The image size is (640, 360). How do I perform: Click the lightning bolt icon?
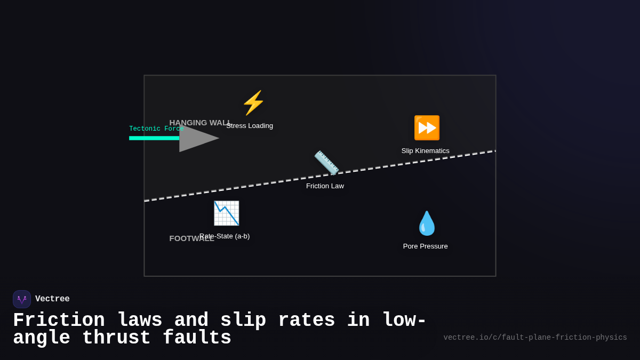point(253,103)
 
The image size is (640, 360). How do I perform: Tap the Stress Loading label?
point(250,126)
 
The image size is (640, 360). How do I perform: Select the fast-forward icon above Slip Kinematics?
point(427,128)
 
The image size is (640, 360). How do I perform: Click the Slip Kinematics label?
point(425,151)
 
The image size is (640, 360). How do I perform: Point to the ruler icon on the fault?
point(326,163)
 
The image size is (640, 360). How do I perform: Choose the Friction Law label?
point(325,186)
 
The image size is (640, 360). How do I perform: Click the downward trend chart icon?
point(226,213)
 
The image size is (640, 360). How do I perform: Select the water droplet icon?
point(426,223)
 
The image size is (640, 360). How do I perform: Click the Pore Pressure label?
point(425,246)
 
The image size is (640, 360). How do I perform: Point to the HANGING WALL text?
point(198,122)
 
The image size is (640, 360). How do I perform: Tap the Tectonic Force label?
point(156,129)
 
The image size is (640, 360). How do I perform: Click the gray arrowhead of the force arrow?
point(196,138)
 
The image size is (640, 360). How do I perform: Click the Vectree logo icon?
point(22,299)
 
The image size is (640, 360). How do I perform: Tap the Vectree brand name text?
point(52,299)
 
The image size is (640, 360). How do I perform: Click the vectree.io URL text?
point(535,338)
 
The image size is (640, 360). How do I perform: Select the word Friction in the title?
point(59,321)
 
